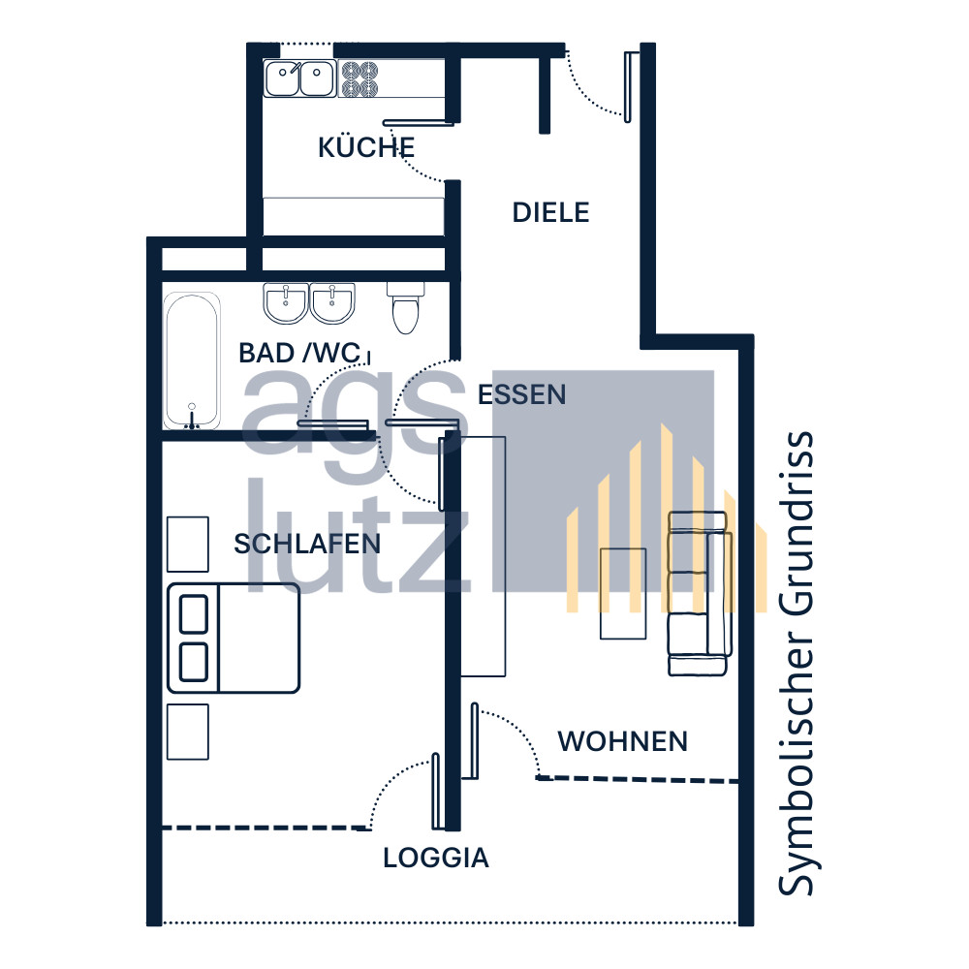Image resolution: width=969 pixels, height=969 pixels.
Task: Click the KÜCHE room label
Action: point(366,146)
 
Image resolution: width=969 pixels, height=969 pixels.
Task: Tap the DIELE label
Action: point(550,212)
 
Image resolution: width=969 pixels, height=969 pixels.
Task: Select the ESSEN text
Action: point(521,395)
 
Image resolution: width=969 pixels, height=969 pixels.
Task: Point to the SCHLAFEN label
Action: point(306,544)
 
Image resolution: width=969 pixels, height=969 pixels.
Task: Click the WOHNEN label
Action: point(622,741)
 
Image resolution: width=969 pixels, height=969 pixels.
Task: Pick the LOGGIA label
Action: point(436,858)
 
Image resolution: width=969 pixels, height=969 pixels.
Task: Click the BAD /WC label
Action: point(300,353)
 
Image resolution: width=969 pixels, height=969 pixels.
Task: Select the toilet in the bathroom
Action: point(405,307)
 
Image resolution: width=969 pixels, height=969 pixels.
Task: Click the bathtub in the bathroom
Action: point(192,360)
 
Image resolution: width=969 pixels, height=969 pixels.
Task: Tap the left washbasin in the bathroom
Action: point(286,302)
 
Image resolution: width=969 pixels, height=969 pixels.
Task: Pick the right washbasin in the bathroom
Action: point(332,302)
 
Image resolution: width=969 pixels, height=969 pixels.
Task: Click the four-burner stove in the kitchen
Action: point(359,78)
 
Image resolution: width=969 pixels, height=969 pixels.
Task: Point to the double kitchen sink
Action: point(300,78)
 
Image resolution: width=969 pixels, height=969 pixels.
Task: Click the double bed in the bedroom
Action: point(234,638)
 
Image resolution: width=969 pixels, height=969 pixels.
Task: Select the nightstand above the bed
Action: point(188,545)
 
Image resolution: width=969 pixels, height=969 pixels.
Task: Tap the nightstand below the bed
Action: point(188,732)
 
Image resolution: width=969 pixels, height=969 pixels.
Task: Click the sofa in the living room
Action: point(700,593)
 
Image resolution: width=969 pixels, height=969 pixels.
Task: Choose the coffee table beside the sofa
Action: point(623,593)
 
